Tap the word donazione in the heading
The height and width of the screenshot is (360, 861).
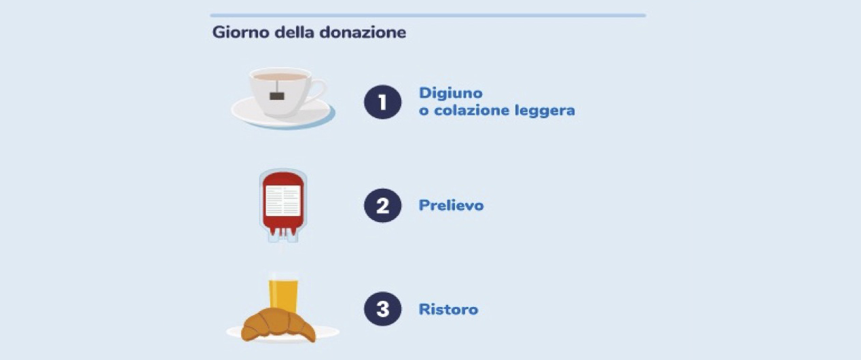click(x=363, y=33)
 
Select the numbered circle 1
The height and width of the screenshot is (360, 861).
click(x=382, y=102)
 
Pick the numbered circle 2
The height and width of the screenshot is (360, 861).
click(x=382, y=205)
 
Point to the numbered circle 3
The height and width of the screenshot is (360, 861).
click(x=382, y=309)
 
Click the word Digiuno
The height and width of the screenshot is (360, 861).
click(x=450, y=94)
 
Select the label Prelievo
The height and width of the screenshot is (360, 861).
click(x=451, y=205)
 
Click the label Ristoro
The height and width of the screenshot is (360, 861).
click(x=448, y=309)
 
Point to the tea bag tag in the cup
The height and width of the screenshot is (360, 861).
click(x=277, y=96)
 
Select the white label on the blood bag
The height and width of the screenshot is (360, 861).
click(x=283, y=200)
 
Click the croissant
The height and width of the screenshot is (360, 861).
click(x=278, y=325)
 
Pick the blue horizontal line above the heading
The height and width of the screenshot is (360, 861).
click(x=428, y=16)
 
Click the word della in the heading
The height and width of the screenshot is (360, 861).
click(x=295, y=33)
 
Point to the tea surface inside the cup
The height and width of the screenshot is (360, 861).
click(x=280, y=77)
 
